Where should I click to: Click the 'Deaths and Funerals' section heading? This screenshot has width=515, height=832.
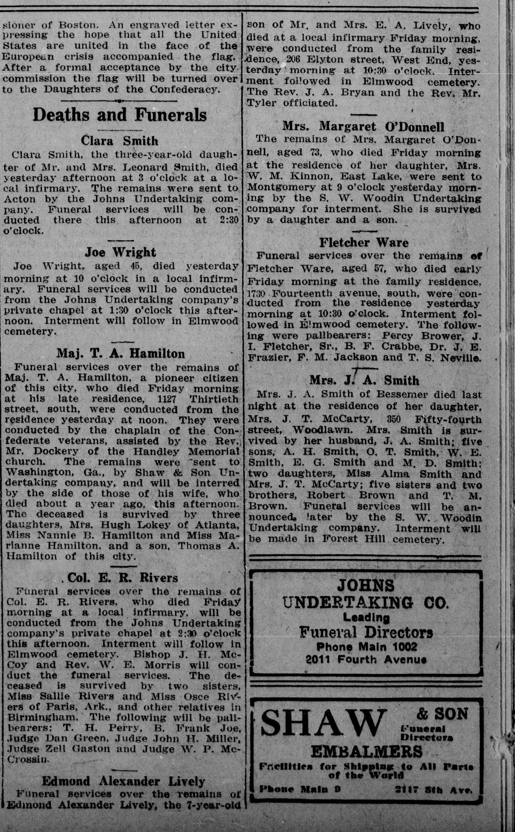119,115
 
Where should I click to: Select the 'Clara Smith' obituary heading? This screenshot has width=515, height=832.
119,140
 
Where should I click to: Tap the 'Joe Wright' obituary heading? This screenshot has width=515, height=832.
120,252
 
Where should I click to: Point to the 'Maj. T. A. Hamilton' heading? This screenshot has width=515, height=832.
121,353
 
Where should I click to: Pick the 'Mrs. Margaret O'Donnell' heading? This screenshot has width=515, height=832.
363,127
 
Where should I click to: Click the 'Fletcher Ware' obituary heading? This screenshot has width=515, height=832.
364,242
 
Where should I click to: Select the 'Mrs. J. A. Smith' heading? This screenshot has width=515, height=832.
364,380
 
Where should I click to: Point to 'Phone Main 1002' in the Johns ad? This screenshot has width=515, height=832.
366,647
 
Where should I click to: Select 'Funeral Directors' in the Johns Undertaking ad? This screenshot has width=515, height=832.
366,632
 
